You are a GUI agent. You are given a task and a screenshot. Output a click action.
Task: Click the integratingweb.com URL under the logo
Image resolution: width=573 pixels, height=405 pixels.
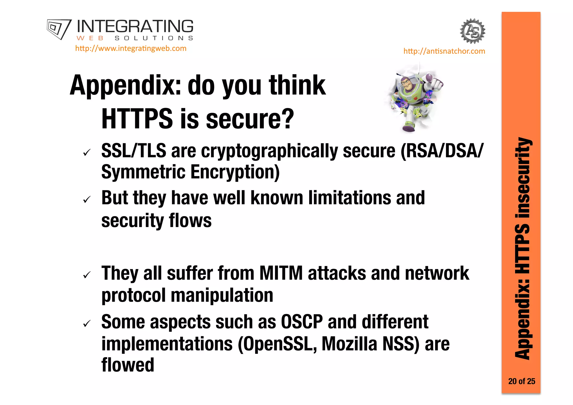click(x=131, y=48)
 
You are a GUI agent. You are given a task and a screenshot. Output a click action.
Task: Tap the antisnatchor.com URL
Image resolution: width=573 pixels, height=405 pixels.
click(x=444, y=51)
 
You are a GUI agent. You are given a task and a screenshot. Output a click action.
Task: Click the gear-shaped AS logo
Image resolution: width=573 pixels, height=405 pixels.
click(x=473, y=31)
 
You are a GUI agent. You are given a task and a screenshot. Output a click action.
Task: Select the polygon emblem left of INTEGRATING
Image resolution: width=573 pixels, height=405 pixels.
click(x=59, y=29)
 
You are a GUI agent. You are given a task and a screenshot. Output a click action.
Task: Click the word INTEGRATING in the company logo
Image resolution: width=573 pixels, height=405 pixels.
click(x=135, y=27)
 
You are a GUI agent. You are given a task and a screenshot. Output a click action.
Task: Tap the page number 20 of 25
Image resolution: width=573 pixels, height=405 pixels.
click(x=522, y=381)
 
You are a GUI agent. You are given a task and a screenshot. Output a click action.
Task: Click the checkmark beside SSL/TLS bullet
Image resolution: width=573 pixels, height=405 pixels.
click(x=87, y=153)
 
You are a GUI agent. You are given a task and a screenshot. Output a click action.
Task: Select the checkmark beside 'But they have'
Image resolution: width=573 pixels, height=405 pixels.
click(x=87, y=200)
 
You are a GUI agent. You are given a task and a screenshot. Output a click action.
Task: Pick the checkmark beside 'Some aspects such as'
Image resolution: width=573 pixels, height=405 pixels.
click(x=87, y=324)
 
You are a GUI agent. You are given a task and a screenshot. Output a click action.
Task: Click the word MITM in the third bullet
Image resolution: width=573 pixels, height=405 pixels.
click(x=281, y=273)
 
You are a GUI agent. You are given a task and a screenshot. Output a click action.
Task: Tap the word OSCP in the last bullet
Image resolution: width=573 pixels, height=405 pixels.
click(x=302, y=322)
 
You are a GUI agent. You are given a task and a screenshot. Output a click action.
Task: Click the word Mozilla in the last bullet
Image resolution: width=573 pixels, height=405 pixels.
click(x=349, y=344)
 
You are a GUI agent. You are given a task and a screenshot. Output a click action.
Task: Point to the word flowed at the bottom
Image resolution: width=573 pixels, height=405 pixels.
click(x=128, y=365)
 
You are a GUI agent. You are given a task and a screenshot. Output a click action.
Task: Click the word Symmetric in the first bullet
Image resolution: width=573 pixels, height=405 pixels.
click(x=143, y=172)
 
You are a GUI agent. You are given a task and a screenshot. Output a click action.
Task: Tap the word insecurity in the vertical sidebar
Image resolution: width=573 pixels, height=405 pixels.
click(x=522, y=178)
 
